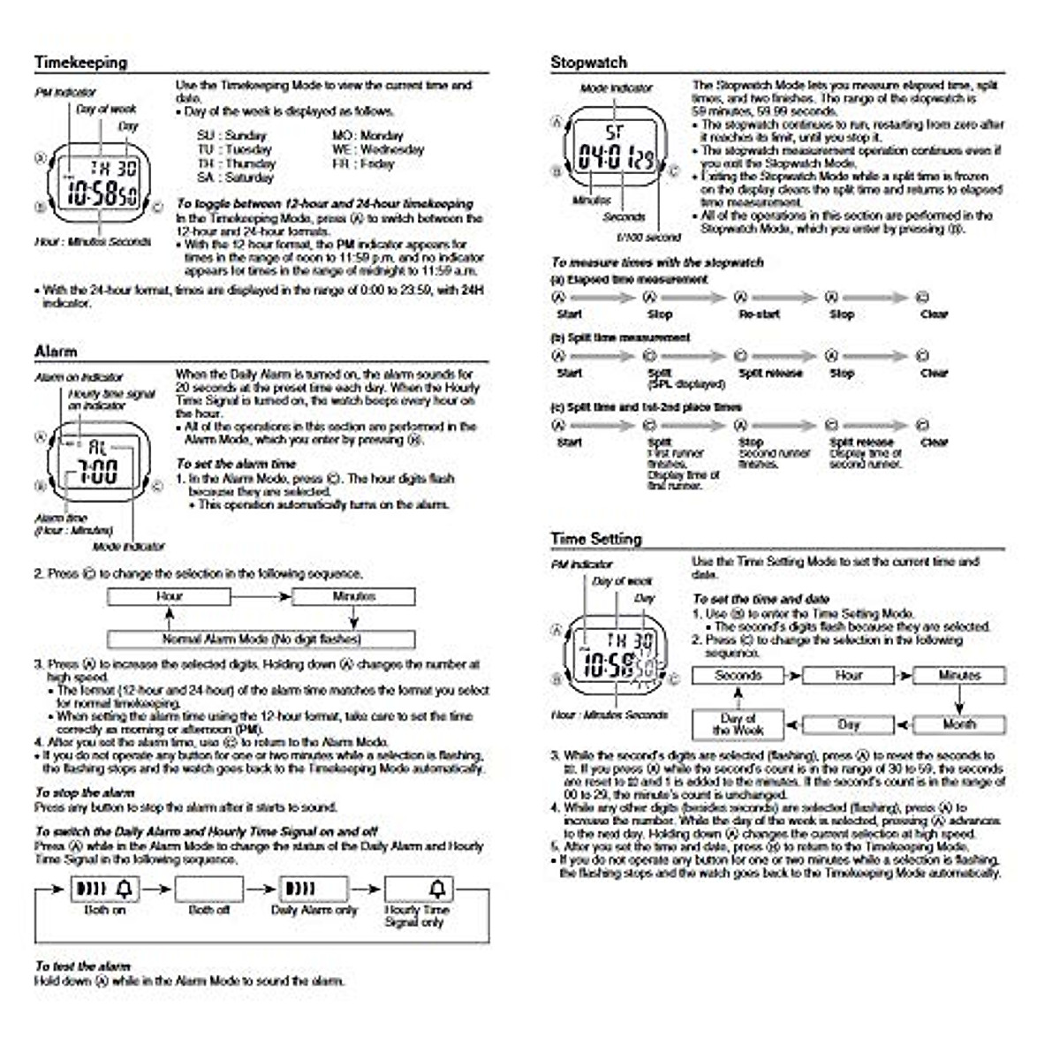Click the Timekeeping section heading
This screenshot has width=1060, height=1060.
click(x=80, y=63)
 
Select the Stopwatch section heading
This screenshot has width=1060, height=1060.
click(x=588, y=63)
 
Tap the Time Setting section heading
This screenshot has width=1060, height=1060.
click(x=595, y=539)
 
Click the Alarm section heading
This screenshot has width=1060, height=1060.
click(x=56, y=352)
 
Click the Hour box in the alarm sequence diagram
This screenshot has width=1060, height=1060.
click(x=169, y=597)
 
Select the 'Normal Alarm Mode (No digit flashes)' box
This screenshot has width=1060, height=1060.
click(x=261, y=639)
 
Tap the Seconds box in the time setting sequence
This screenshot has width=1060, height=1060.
click(x=738, y=676)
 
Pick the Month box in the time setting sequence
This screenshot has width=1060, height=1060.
click(x=959, y=724)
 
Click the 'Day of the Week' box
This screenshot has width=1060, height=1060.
click(x=738, y=724)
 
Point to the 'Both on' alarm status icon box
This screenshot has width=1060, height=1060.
click(x=104, y=889)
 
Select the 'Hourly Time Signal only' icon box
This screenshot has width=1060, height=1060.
click(x=419, y=889)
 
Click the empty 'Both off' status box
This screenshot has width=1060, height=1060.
click(x=208, y=889)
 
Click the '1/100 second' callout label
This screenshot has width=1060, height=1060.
click(x=648, y=238)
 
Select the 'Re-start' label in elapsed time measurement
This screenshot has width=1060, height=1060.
click(x=759, y=314)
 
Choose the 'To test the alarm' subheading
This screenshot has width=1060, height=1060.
click(x=82, y=966)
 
